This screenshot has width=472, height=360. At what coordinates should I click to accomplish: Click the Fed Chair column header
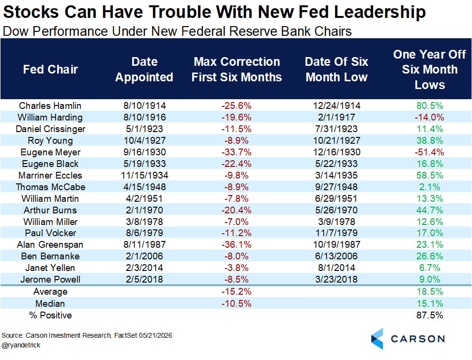click(x=50, y=70)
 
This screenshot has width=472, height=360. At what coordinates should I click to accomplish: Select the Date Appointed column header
click(x=144, y=70)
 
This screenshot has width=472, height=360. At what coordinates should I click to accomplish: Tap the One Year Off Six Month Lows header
click(x=429, y=70)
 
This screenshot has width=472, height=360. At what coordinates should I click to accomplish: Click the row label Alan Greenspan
click(x=50, y=245)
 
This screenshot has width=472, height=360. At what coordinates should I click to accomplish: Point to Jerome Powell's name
click(x=50, y=279)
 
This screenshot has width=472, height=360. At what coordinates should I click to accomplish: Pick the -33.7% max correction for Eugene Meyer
click(x=236, y=152)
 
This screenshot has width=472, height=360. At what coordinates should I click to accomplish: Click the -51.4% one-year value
click(x=429, y=152)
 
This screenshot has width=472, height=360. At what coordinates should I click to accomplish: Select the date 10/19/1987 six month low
click(x=336, y=244)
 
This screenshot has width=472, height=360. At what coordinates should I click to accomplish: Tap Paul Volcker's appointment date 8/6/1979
click(x=144, y=233)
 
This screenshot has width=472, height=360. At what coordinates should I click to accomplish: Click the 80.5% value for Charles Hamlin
click(x=429, y=106)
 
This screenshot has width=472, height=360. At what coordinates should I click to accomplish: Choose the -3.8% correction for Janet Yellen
click(x=236, y=268)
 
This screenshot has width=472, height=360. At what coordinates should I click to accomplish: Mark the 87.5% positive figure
click(x=429, y=315)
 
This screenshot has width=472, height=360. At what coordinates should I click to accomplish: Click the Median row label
click(x=50, y=304)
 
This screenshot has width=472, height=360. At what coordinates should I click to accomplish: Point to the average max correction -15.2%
click(x=236, y=292)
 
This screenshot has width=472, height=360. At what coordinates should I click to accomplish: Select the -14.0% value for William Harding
click(x=429, y=117)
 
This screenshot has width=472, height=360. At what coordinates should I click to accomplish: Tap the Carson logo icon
click(x=377, y=339)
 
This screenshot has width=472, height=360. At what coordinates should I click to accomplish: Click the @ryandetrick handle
click(x=21, y=345)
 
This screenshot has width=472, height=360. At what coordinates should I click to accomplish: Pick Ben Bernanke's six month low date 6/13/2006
click(x=336, y=256)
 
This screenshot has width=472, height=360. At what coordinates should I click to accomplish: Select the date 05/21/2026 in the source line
click(x=155, y=336)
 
